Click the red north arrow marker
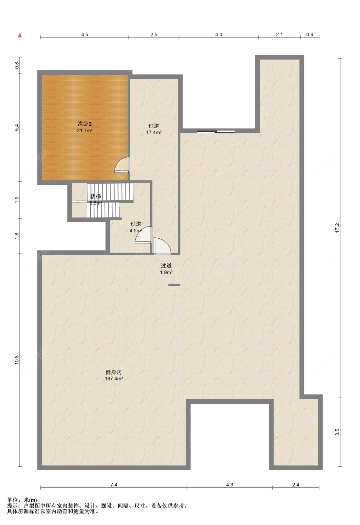20,35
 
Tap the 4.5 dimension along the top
84,35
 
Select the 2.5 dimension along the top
154,35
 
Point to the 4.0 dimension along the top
219,35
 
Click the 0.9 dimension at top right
310,35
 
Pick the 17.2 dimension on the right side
337,228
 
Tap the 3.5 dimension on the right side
337,432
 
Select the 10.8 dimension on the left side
17,360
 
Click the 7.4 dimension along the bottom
114,485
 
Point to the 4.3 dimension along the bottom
230,485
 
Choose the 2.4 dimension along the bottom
296,485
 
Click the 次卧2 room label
84,124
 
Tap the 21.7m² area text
84,131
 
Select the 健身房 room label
114,372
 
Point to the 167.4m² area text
114,379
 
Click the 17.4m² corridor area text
154,132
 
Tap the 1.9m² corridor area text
166,272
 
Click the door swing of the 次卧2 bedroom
122,165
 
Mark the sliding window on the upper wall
216,132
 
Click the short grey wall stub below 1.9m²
174,285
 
